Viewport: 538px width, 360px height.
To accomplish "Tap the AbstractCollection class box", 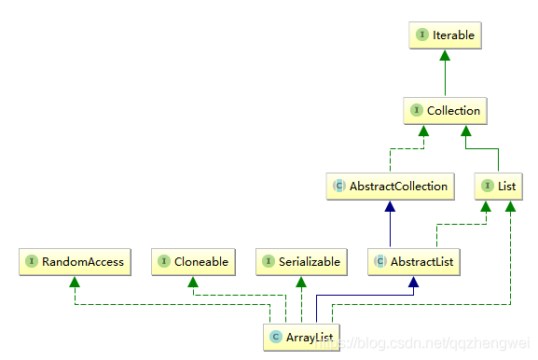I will (x=390, y=187).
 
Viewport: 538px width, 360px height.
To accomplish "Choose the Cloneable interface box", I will (x=192, y=262).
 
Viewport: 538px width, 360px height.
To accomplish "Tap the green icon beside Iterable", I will (x=421, y=35).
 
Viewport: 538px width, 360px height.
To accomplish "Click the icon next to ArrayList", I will (x=275, y=337).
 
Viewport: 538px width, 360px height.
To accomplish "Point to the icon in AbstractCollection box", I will (x=338, y=187).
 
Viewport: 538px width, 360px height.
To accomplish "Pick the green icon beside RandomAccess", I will (x=33, y=262).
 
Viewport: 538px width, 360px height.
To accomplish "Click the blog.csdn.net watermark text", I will (x=429, y=343).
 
